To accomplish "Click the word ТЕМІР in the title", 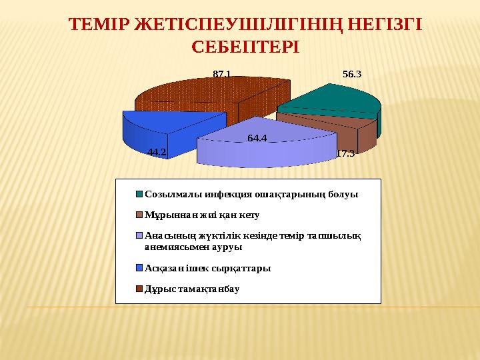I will tap(99, 25).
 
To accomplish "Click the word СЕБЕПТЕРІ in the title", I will tap(245, 48).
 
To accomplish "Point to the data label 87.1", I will tap(222, 75).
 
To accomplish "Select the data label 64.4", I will tap(257, 139).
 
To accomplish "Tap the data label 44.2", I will tap(157, 152).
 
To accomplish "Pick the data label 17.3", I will tap(345, 154).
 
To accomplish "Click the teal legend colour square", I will tap(140, 195).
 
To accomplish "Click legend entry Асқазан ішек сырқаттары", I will tap(207, 268).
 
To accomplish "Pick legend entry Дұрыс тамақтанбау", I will tap(192, 289).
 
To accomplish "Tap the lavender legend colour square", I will tap(140, 235).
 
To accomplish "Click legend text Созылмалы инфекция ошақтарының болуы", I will tap(251, 195).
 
